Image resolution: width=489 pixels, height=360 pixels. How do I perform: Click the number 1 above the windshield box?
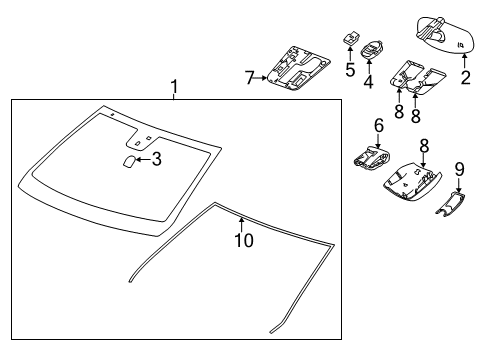(x=174, y=88)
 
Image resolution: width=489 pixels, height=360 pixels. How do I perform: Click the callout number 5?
(x=351, y=71)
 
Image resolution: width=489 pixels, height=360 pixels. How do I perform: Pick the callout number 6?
(x=378, y=125)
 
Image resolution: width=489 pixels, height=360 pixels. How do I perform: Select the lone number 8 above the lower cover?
(x=423, y=146)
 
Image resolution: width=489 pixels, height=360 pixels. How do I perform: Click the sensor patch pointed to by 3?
(x=130, y=159)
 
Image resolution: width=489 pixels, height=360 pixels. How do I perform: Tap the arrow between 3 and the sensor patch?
(x=143, y=158)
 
